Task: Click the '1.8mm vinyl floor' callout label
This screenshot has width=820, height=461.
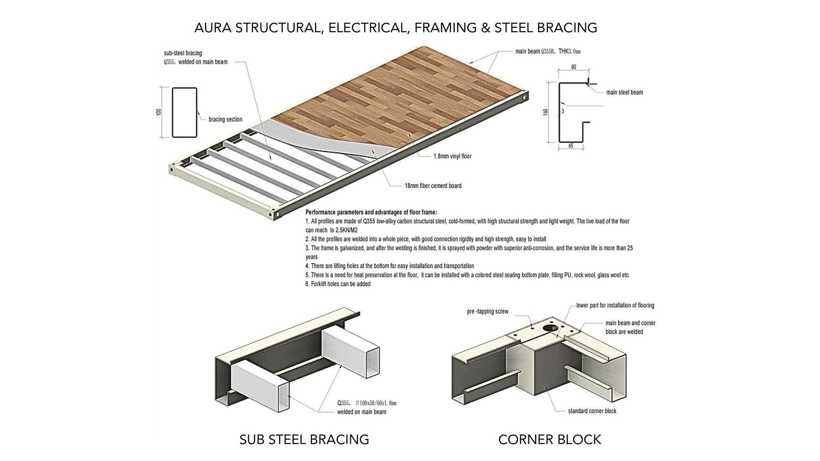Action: point(452,156)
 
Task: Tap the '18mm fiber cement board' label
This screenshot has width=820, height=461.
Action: point(433,186)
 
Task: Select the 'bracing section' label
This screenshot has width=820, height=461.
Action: point(225,120)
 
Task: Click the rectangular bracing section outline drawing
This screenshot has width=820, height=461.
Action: point(184,113)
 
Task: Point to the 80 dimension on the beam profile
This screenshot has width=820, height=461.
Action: point(573,67)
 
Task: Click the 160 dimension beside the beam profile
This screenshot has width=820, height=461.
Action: point(545,112)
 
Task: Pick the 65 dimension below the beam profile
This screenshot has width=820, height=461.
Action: point(571,146)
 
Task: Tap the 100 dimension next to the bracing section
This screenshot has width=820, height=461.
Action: point(159,112)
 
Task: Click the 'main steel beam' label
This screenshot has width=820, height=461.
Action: point(624,92)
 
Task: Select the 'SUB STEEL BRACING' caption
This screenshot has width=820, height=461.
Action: point(304,440)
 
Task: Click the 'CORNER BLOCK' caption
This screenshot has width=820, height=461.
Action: point(549,440)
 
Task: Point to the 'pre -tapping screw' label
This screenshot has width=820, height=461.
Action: point(487,312)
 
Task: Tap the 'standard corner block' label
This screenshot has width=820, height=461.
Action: point(592,411)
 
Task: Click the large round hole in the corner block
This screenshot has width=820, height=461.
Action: point(550,328)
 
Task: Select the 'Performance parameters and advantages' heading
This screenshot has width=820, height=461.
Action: point(371,212)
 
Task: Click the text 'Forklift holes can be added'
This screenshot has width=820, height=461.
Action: point(340,284)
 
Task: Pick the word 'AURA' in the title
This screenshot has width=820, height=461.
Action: point(213,28)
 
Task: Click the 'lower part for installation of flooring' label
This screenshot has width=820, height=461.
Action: point(615,305)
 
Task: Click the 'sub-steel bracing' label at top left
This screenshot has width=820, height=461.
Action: point(183,53)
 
